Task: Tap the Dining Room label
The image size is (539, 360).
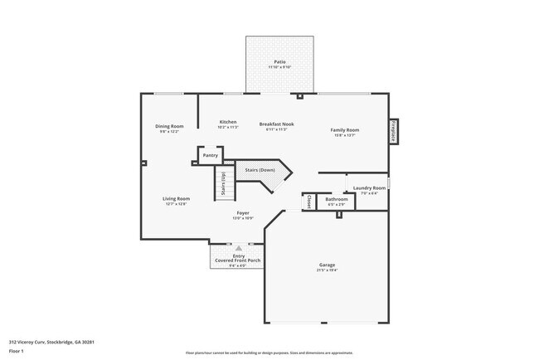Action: coord(169,126)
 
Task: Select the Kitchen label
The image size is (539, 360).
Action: coord(228,122)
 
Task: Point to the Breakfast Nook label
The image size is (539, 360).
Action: coord(276,124)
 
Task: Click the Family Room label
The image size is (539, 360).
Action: coord(344,130)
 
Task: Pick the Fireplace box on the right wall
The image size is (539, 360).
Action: coord(394,131)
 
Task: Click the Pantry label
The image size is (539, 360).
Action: coord(211,155)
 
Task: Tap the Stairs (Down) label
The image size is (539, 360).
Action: coord(260,170)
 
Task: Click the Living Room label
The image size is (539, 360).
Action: coord(176,198)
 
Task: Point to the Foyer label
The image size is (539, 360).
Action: coord(243,213)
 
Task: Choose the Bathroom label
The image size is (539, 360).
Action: coord(337,199)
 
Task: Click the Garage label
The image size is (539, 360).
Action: coord(326,265)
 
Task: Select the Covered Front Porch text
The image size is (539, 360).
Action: coord(238,260)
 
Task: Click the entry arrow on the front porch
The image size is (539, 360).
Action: coord(239,248)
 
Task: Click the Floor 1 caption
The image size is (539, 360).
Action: coord(17,351)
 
